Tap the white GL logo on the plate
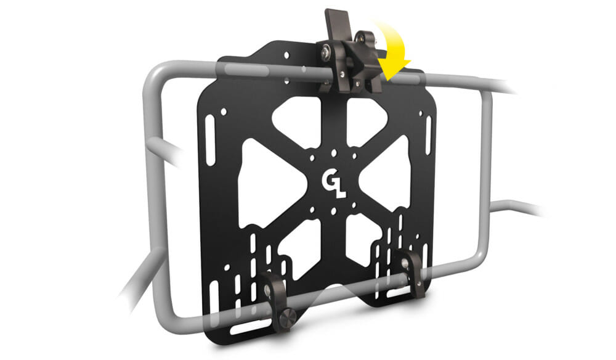tap(332, 179)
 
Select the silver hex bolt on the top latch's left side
tap(323, 55)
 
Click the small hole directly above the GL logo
tap(333, 150)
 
